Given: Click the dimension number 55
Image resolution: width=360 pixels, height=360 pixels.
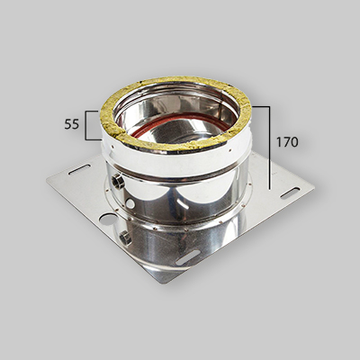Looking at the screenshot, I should coord(72,125).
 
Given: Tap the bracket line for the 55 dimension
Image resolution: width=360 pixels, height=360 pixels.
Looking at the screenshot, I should coord(85,125).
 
